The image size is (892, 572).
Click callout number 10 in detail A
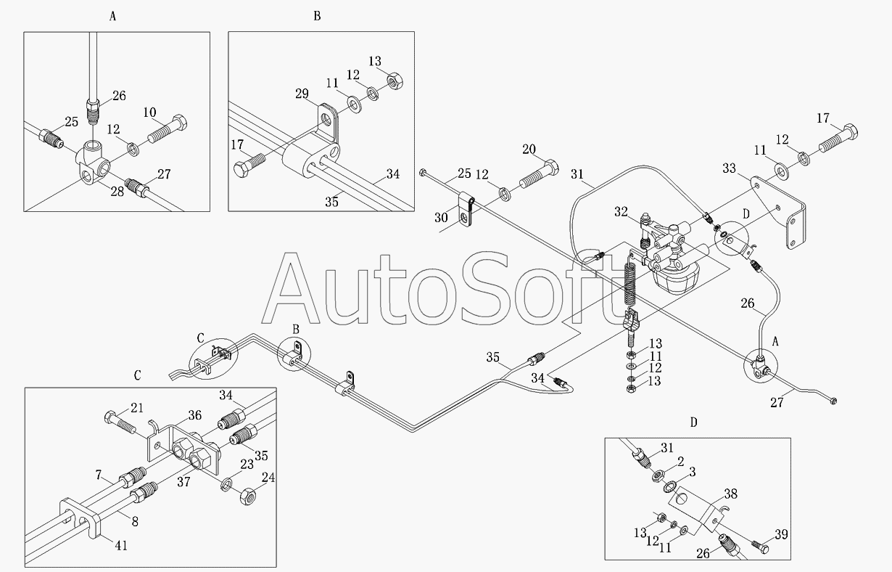pos(149,113)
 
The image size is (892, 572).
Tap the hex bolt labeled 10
pos(168,128)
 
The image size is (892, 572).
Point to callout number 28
pos(117,192)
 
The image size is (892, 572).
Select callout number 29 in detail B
pos(302,94)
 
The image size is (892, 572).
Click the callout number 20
pos(529,150)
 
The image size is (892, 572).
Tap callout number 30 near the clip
pos(441,218)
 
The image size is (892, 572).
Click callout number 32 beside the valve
pos(621,212)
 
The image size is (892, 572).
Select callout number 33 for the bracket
pos(729,168)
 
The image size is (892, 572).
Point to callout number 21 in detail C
pos(137,408)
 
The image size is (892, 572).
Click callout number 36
pos(195,415)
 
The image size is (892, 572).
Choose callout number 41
pos(121,545)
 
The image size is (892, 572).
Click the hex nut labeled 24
pos(248,497)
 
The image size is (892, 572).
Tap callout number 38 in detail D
pos(731,494)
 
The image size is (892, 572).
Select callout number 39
pos(781,534)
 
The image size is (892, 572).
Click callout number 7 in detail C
pos(99,475)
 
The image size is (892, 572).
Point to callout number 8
pos(135,521)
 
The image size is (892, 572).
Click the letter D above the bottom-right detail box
pos(694,422)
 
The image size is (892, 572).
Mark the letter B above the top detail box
pos(317,16)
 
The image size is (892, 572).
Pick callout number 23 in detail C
pos(247,465)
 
